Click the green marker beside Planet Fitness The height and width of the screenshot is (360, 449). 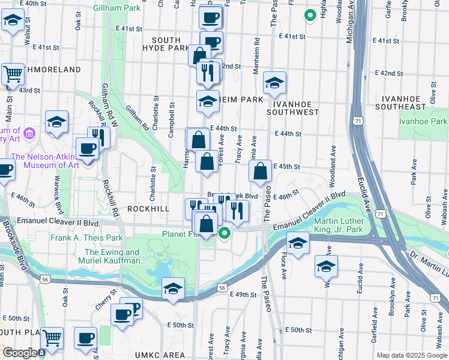224,233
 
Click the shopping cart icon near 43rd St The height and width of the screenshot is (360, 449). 12,75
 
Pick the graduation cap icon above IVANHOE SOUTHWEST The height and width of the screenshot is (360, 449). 274,83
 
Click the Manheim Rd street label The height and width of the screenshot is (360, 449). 256,58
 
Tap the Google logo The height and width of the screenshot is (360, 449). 19,353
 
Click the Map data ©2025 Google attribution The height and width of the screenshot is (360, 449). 411,355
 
